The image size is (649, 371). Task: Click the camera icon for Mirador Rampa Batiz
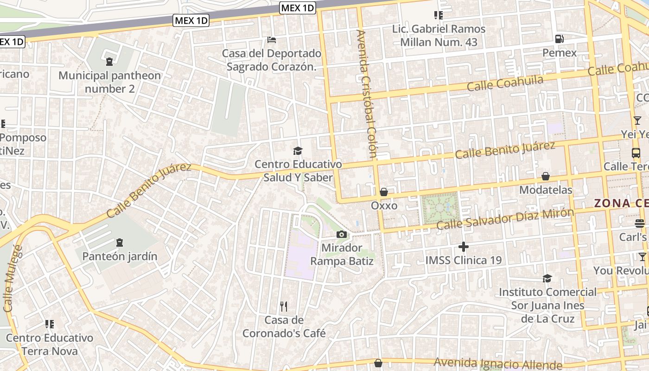click(342, 234)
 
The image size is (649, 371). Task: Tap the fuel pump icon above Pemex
click(560, 39)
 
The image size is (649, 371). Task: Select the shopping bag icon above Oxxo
click(383, 192)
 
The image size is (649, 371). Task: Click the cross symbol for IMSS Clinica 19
click(463, 247)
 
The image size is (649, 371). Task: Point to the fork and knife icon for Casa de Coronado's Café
click(284, 306)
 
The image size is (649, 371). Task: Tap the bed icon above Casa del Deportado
click(272, 40)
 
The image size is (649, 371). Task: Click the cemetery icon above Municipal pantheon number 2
click(109, 61)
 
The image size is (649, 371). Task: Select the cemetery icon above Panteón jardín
click(120, 242)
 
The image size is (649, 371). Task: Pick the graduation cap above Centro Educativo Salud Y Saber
click(298, 151)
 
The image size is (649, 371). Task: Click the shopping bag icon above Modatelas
click(546, 176)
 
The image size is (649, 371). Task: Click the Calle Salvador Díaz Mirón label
click(505, 219)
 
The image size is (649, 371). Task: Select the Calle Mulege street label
click(13, 278)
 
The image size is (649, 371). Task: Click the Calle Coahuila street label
click(505, 83)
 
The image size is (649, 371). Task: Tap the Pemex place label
click(560, 53)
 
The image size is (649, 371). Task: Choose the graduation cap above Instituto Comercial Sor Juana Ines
click(547, 278)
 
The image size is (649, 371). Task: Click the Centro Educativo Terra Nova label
click(50, 344)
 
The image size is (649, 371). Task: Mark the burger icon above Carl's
click(640, 224)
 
